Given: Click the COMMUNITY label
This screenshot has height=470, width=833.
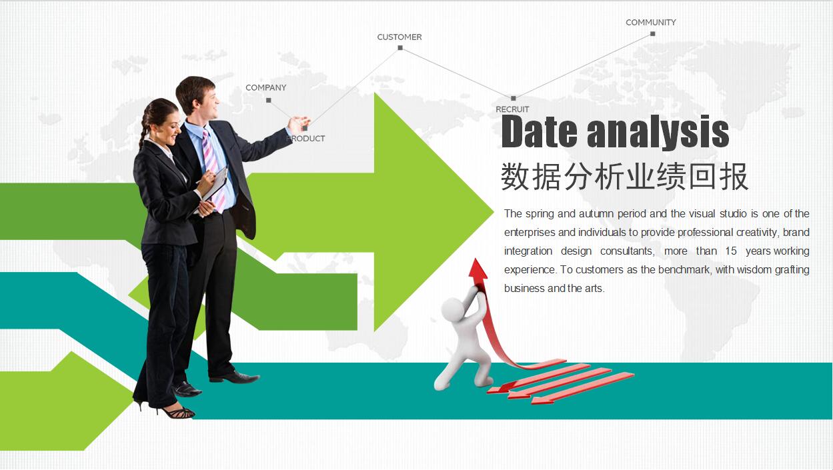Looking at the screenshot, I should [x=650, y=22].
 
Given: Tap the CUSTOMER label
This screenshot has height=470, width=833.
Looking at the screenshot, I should [x=399, y=37].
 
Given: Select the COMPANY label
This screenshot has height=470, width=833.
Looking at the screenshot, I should [x=265, y=87].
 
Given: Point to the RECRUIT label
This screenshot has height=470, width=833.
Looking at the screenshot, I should [x=512, y=109].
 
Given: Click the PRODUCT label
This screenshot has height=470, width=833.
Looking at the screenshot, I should [x=306, y=139].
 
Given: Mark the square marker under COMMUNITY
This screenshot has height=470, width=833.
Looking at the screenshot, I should [x=653, y=33].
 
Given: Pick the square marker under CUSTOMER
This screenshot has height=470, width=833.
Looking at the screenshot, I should [x=400, y=47].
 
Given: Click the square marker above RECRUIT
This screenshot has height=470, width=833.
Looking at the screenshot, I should [x=513, y=99].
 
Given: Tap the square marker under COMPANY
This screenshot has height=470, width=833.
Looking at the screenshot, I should [x=268, y=100].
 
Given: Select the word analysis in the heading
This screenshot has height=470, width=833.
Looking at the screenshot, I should [x=658, y=132].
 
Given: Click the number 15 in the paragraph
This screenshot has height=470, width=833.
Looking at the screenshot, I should [x=731, y=251].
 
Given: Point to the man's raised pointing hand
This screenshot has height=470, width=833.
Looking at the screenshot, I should [x=298, y=123].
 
